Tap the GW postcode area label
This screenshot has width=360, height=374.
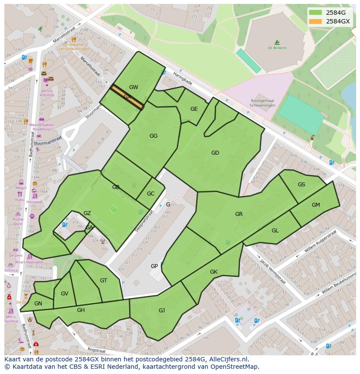tap(133, 87)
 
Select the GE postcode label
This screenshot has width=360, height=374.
tap(194, 109)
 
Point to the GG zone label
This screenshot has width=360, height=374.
tap(153, 136)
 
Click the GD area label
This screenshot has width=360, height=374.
tap(215, 153)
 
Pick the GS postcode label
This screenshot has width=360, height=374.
tap(301, 185)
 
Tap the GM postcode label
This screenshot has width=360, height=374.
tap(316, 205)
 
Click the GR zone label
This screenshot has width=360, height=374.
tap(239, 214)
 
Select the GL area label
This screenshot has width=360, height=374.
tap(275, 231)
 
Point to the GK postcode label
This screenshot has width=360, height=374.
tap(213, 272)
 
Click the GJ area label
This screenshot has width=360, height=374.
tap(162, 310)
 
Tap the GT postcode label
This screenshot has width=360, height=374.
tap(103, 281)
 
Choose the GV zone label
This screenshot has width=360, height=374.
tap(64, 294)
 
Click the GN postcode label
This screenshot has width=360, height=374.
tap(38, 304)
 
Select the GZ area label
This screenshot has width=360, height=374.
tap(87, 213)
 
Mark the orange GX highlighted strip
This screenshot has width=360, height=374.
tap(127, 97)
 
